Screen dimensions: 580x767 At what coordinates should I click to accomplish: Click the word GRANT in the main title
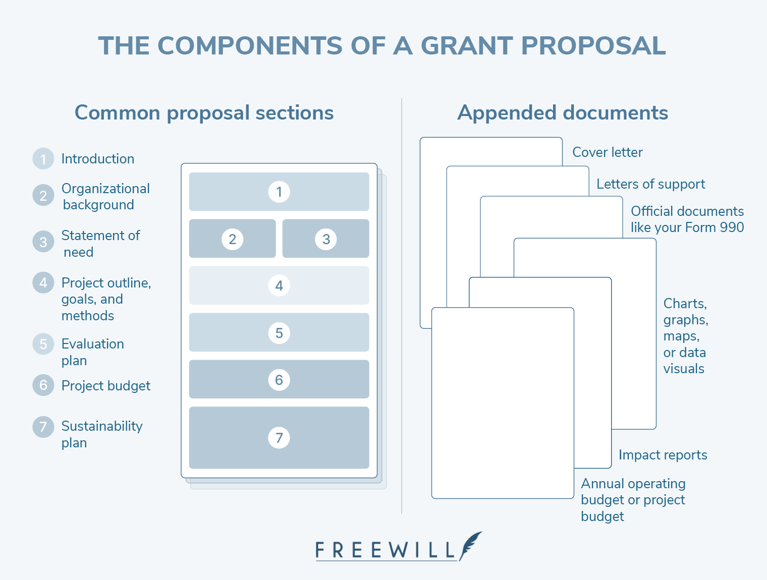point(467,46)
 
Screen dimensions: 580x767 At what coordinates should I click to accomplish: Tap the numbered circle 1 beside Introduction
point(43,159)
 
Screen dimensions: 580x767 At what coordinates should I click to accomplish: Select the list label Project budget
point(106,386)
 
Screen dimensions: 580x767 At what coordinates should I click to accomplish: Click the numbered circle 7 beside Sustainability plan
point(43,427)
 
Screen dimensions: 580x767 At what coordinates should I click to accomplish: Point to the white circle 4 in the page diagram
point(279,286)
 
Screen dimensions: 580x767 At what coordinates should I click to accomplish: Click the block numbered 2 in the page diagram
point(232,239)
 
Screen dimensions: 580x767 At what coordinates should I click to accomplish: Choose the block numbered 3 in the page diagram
point(326,239)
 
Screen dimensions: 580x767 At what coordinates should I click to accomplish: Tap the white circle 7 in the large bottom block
point(279,438)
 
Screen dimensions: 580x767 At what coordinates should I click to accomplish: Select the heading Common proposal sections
point(204,113)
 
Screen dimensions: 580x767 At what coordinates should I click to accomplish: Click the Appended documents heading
point(563,113)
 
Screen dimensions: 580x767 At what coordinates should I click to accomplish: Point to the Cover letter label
point(607,152)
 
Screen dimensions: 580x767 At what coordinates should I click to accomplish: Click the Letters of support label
point(650,184)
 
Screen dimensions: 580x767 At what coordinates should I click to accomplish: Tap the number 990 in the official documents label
point(732,227)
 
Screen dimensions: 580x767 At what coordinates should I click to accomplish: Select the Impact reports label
point(663,455)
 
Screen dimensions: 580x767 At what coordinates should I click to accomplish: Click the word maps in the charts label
point(681,336)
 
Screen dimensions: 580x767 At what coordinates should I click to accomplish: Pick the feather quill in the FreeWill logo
point(470,545)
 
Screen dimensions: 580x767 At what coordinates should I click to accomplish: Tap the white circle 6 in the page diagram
point(279,380)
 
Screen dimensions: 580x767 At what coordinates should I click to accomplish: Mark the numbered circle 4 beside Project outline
point(43,283)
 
